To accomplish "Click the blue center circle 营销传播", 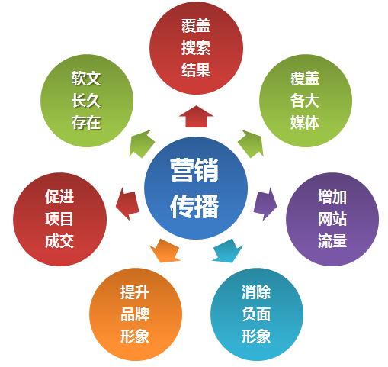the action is pos(196,188).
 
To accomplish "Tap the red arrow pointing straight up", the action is pos(196,117).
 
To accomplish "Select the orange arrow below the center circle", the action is pos(165,251).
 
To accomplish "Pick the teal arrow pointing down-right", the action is pos(228,251).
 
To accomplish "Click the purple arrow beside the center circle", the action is pos(265,204).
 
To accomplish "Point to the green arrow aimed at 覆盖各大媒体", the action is pos(251,143).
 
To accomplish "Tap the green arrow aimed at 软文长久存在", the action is pos(142,143).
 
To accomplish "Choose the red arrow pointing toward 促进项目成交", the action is pos(127,204).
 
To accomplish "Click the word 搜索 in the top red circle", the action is pos(196,48).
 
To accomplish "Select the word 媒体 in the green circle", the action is pos(305,122).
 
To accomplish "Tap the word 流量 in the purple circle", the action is pos(332,240).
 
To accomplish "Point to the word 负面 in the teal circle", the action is pos(256,314).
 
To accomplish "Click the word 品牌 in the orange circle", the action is pos(135,314).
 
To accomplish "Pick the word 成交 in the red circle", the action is pos(59,240).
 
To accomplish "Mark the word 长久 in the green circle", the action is pos(86,101).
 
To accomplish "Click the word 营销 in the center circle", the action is pos(194,170).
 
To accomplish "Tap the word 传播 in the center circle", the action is pos(194,206).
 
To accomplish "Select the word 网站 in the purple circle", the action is pos(332,219).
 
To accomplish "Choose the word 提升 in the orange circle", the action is pos(135,292).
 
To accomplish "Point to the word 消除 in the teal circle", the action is pos(256,292).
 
